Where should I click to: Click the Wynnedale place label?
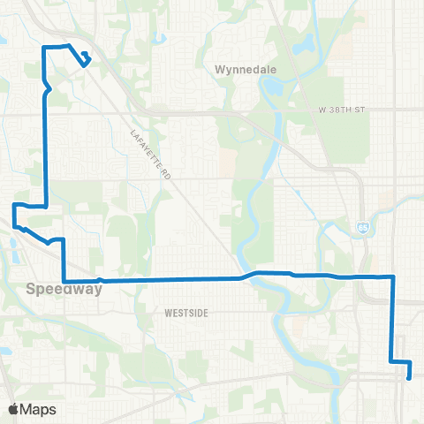pyautogui.click(x=234, y=67)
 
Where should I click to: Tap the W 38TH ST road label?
pyautogui.click(x=340, y=110)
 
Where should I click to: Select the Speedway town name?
pyautogui.click(x=57, y=288)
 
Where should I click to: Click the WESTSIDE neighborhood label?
pyautogui.click(x=186, y=312)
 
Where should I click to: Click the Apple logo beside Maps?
pyautogui.click(x=13, y=409)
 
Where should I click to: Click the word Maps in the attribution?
pyautogui.click(x=39, y=409)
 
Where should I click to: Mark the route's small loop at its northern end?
pyautogui.click(x=85, y=59)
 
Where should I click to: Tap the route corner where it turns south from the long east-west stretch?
pyautogui.click(x=392, y=277)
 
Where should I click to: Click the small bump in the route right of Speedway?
pyautogui.click(x=102, y=280)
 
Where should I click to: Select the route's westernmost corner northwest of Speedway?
pyautogui.click(x=14, y=205)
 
